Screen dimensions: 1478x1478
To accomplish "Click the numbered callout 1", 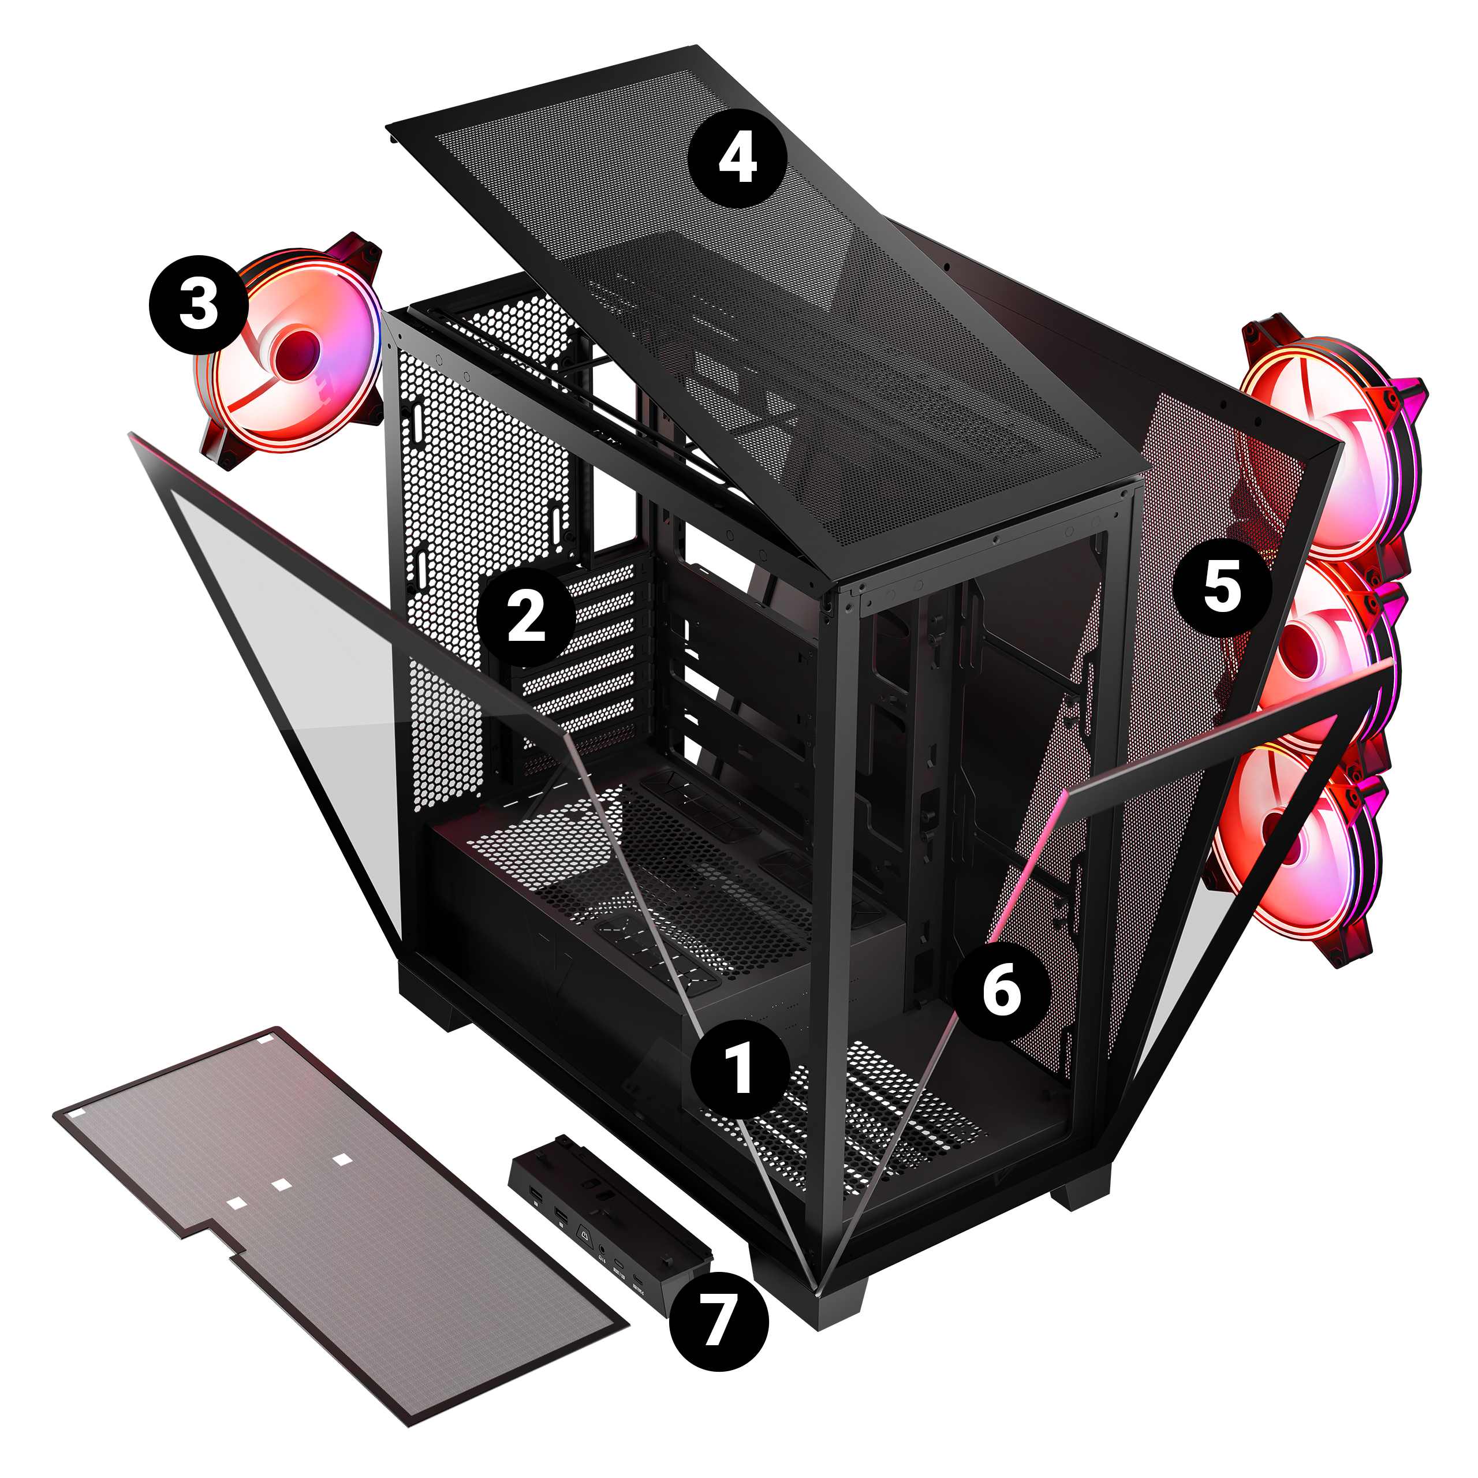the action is tap(739, 1068).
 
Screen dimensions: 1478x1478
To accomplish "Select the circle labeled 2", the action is tap(527, 617).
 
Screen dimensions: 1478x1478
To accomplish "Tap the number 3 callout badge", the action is tap(198, 304).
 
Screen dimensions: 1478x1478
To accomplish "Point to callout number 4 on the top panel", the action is tap(737, 158).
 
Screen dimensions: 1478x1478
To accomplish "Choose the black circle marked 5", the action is tap(1222, 587).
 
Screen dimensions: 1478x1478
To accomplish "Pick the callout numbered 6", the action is tap(1001, 991).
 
